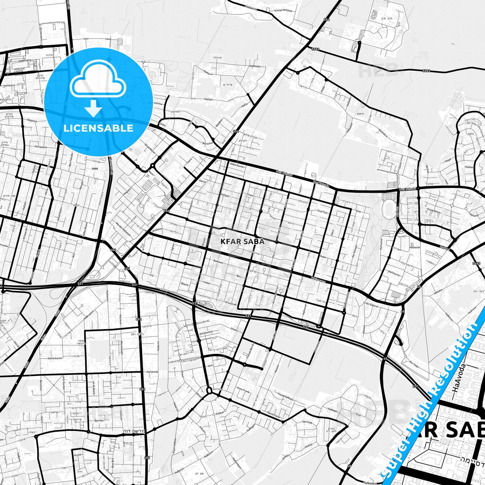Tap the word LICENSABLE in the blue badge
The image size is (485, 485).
click(98, 128)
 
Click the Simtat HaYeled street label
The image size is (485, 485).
click(283, 11)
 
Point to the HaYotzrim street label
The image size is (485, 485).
click(394, 274)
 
